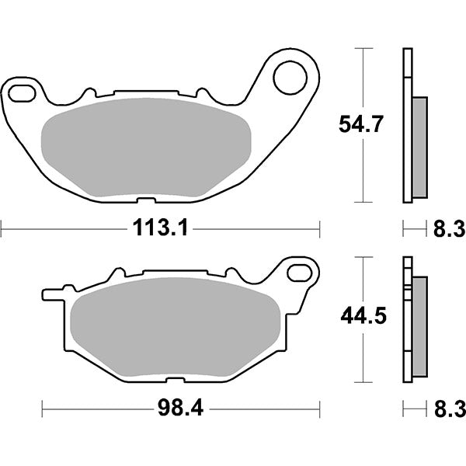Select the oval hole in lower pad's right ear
click(298, 272)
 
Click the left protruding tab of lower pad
click(50, 295)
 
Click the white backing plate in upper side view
click(405, 124)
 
